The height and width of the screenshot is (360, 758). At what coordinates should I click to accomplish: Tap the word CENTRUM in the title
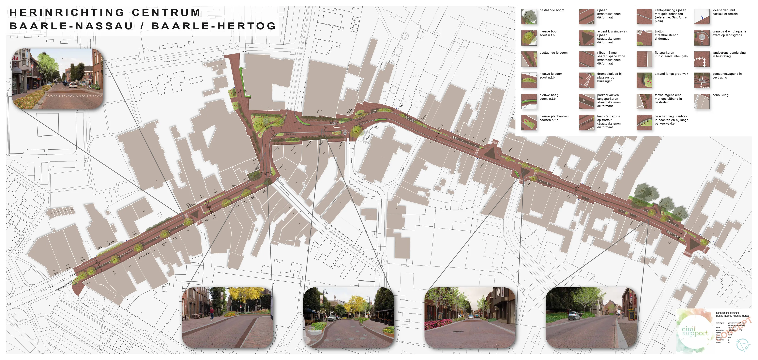[166, 13]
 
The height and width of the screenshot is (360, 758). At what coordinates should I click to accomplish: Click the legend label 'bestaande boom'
[552, 10]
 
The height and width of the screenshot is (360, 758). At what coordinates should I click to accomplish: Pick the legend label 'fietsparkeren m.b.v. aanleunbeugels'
[671, 54]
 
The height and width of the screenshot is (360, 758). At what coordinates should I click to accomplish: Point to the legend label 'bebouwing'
[720, 95]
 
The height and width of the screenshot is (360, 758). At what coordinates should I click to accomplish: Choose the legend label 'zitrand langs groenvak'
[671, 74]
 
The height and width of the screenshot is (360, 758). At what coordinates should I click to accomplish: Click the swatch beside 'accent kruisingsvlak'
[586, 38]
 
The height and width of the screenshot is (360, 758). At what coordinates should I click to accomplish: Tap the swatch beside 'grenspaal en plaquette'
[702, 38]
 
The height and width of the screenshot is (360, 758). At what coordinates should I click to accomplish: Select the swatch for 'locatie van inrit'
[702, 16]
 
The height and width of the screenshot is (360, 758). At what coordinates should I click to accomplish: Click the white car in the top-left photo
[73, 85]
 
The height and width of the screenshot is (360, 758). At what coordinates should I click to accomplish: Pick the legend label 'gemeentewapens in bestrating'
[727, 76]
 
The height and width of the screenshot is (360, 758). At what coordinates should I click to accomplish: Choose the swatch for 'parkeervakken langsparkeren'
[586, 101]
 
